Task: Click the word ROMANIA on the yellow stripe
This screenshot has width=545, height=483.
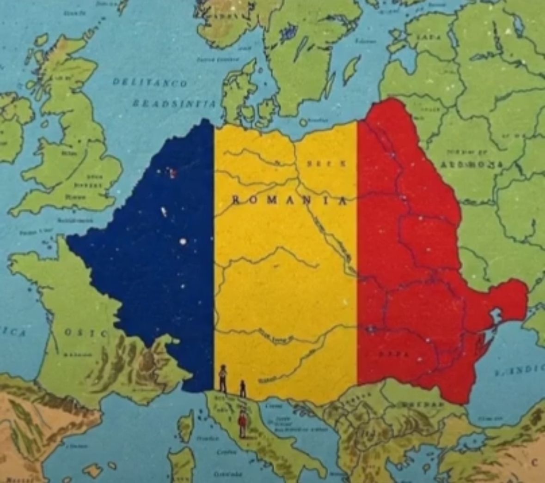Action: [x=288, y=200]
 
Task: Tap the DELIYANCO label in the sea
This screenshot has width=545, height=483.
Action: [x=150, y=83]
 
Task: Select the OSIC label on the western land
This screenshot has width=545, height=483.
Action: [x=86, y=332]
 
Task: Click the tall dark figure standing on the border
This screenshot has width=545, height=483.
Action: [x=223, y=378]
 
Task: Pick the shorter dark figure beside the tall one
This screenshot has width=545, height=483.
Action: [x=242, y=388]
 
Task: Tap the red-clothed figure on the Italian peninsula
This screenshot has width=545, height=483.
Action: [x=242, y=424]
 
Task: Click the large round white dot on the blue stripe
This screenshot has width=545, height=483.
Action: [x=184, y=241]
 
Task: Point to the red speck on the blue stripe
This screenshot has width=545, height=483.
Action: [x=173, y=174]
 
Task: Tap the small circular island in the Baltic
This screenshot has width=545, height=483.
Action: [x=303, y=122]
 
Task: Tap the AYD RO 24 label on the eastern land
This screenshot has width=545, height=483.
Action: [x=471, y=164]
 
